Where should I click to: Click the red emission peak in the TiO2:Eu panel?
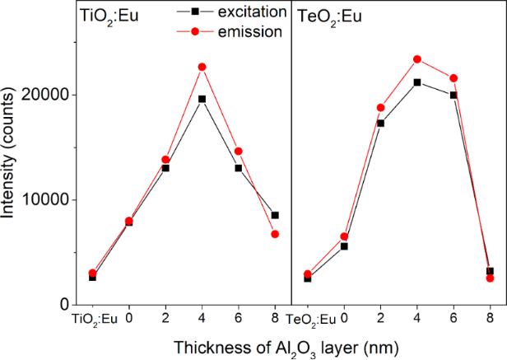tap(202, 67)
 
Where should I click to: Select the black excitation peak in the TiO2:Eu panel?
tap(202, 99)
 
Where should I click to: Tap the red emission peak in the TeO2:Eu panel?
tap(417, 59)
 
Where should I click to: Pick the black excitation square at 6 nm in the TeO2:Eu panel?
tap(454, 96)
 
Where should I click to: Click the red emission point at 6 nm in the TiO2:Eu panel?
tap(239, 152)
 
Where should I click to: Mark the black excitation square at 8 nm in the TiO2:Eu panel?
tap(275, 215)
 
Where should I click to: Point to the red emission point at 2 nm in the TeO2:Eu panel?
tap(380, 108)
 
